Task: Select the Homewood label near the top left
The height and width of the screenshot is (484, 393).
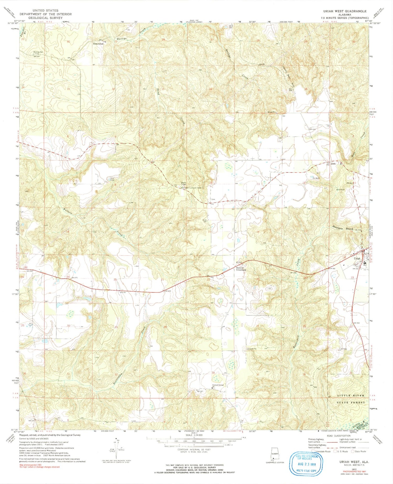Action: tap(98, 44)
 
